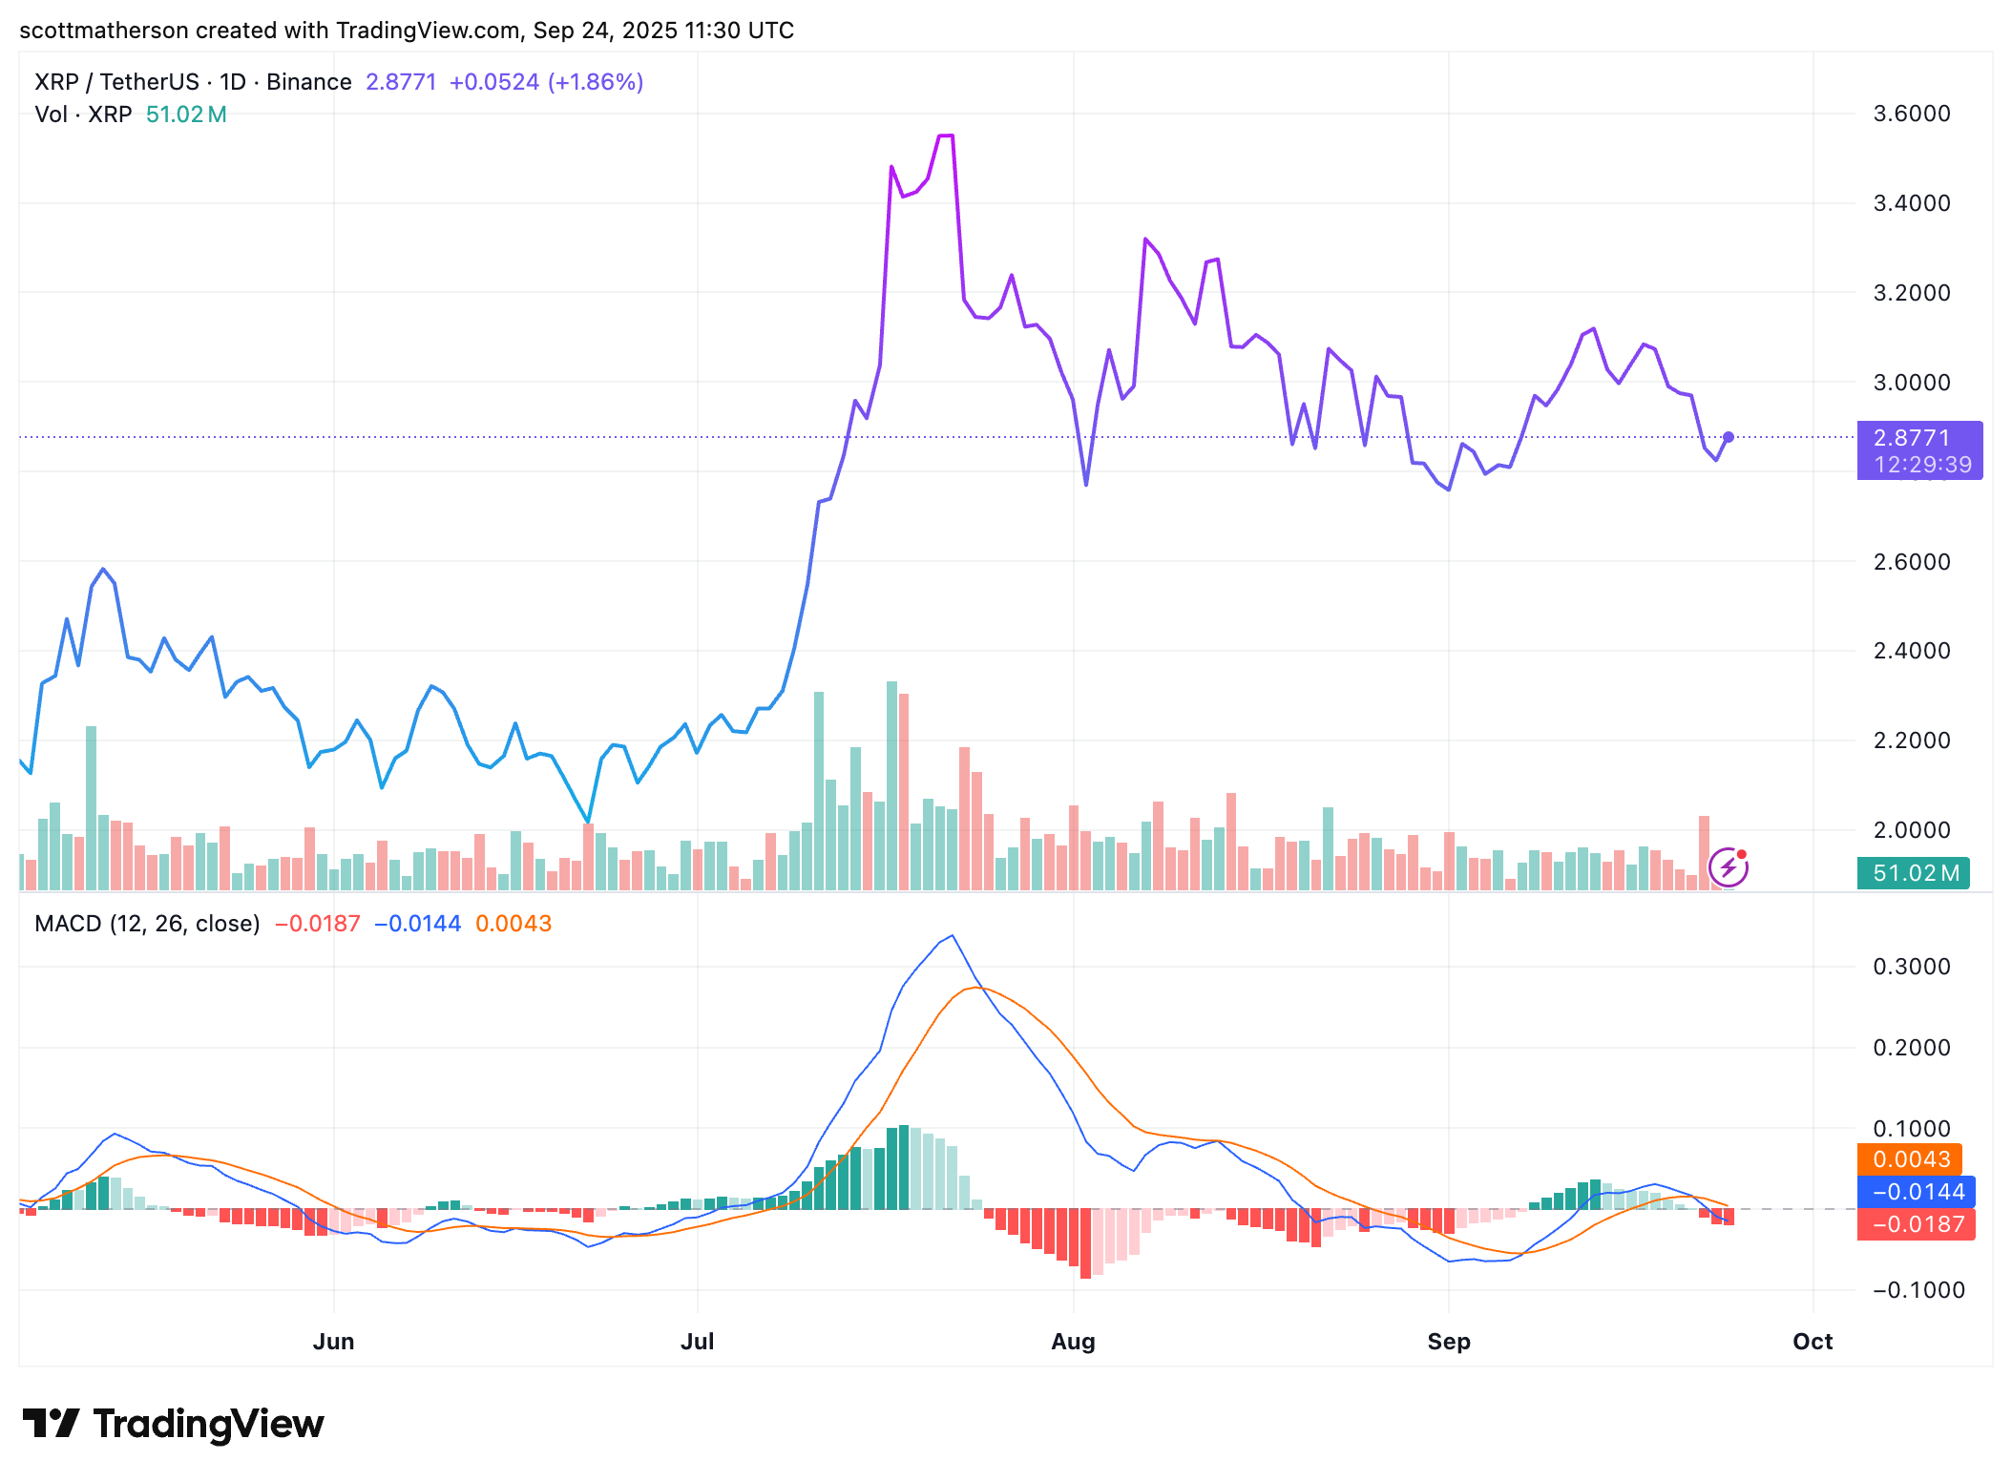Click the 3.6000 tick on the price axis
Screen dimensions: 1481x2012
[1911, 114]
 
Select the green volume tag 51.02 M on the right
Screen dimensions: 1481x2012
[1915, 873]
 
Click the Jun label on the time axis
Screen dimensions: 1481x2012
[333, 1342]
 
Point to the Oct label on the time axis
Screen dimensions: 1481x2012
[1812, 1342]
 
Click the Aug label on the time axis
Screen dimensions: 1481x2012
[1073, 1342]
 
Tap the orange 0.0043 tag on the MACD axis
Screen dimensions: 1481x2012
[1911, 1159]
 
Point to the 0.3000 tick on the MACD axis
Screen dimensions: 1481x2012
[1911, 967]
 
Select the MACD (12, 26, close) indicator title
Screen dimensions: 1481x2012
[147, 924]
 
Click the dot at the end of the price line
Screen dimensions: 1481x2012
[1729, 437]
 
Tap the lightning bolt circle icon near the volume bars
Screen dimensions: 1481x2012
[1728, 867]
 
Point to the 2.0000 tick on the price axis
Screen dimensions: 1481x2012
[1911, 830]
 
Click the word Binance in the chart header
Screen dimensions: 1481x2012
[308, 82]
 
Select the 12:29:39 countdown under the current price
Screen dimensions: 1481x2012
[1922, 465]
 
